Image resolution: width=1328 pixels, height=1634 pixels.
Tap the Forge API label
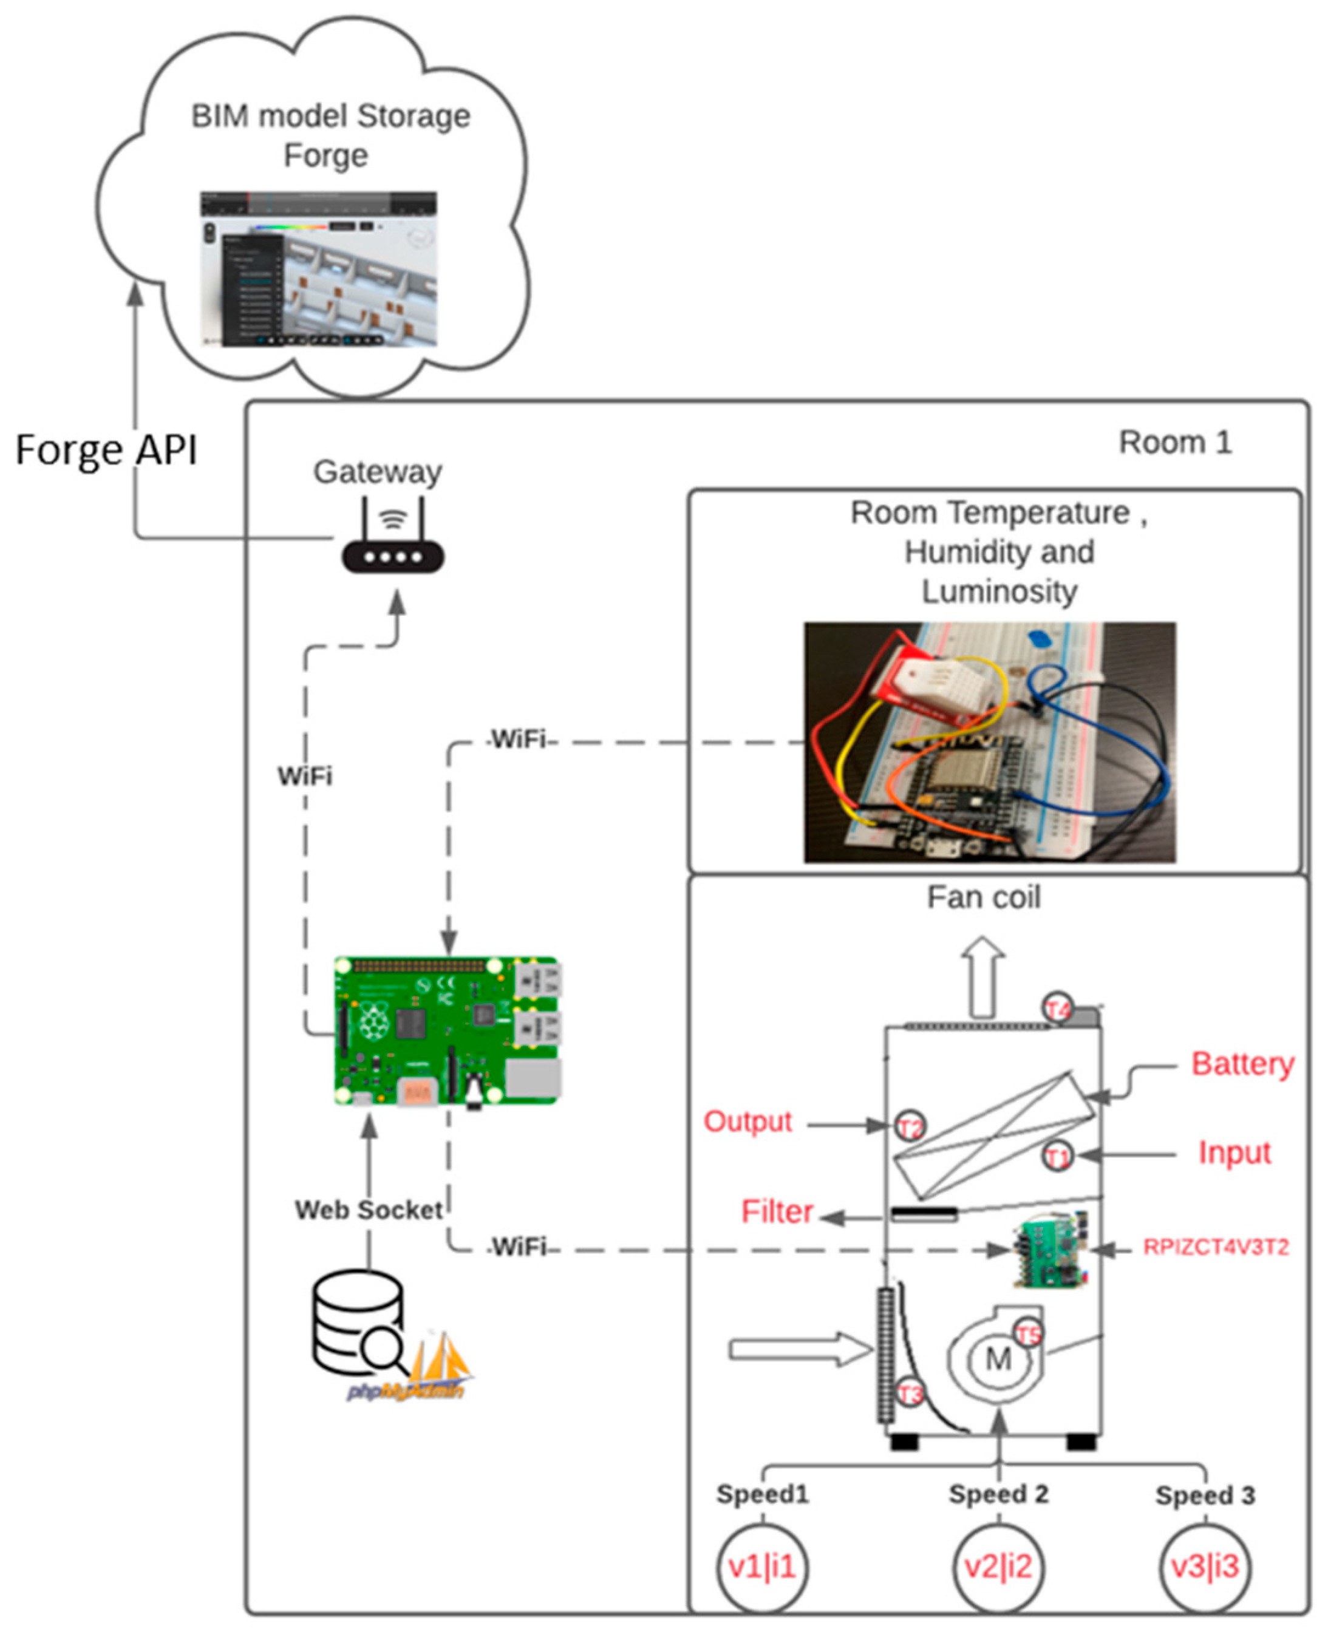click(107, 450)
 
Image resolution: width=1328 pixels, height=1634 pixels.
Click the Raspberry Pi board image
click(448, 1030)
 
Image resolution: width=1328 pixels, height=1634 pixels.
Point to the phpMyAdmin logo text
click(406, 1390)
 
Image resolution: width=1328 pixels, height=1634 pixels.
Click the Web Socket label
click(369, 1210)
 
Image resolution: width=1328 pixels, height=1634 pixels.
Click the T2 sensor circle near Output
click(910, 1127)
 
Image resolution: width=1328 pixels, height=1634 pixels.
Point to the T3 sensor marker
click(910, 1393)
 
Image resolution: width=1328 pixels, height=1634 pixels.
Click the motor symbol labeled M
click(998, 1360)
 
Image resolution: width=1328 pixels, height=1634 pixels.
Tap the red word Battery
click(1242, 1064)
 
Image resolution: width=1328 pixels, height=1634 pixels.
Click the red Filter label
click(777, 1212)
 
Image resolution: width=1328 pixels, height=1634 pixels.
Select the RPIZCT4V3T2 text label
click(1216, 1248)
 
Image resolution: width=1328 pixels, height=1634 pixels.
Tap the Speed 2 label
click(998, 1494)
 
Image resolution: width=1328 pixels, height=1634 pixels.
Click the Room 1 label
click(1175, 442)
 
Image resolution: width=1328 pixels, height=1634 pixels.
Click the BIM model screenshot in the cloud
click(318, 269)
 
